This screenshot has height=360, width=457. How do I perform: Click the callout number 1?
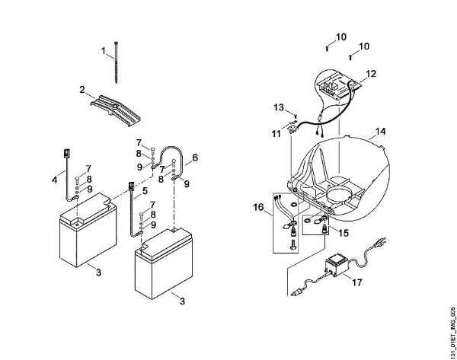[x=103, y=51]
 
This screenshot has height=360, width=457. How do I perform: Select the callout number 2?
[x=81, y=90]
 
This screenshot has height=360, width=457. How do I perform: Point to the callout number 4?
[x=53, y=180]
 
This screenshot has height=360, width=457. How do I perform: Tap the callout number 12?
[x=371, y=74]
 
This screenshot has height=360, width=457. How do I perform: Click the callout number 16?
[x=258, y=205]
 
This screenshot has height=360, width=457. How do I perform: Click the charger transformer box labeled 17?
[x=334, y=270]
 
